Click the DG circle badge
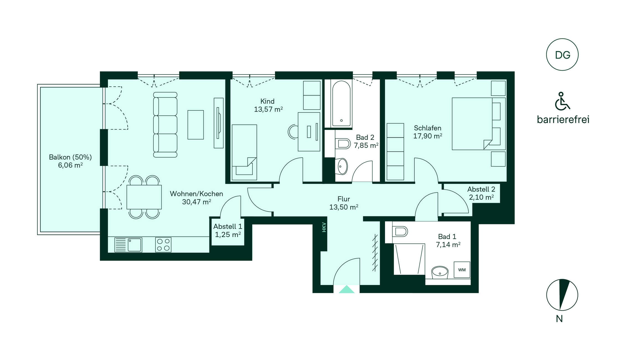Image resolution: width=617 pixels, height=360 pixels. (x=562, y=55)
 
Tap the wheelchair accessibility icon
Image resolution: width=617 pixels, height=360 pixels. (x=562, y=101)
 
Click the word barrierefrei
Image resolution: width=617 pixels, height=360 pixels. (x=563, y=119)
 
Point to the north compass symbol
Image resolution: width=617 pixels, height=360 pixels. (x=562, y=295)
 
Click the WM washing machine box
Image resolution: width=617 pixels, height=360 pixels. (x=462, y=270)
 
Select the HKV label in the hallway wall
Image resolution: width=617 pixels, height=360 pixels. (x=324, y=227)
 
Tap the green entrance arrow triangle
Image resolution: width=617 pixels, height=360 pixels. (x=347, y=289)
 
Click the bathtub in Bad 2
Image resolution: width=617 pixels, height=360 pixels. (x=341, y=104)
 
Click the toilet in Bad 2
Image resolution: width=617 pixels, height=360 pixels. (x=343, y=143)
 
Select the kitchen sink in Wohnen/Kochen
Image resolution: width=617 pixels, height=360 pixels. (x=128, y=245)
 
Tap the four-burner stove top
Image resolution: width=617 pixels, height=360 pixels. (x=163, y=245)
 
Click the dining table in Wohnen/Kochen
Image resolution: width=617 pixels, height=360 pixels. (x=144, y=197)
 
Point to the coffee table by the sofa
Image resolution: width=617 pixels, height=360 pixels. (x=196, y=125)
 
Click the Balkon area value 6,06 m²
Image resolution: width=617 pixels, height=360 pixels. (x=70, y=165)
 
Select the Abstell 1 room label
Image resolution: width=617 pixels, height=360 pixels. (x=228, y=230)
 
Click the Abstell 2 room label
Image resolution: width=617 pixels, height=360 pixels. (x=481, y=193)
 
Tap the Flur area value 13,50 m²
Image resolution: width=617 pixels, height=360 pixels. (x=344, y=207)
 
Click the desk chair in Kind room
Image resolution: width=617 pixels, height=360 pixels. (x=293, y=132)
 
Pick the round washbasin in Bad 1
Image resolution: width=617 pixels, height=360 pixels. (x=440, y=272)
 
